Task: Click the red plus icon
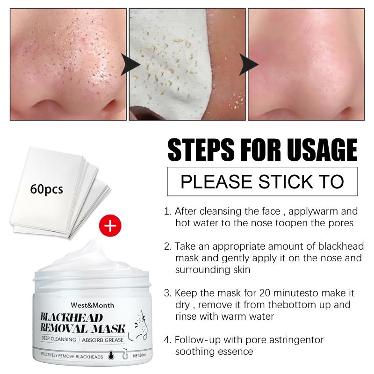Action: (x=110, y=225)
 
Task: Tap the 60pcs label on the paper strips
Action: (x=46, y=189)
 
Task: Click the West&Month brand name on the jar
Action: (x=92, y=305)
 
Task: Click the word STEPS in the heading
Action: (x=201, y=150)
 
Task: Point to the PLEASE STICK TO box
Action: (x=262, y=181)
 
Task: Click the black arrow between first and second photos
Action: (x=130, y=65)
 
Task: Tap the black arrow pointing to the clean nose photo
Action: (x=249, y=65)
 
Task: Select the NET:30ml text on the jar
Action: (x=139, y=356)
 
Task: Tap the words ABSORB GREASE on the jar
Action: (x=103, y=340)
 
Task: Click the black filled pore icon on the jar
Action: (x=111, y=355)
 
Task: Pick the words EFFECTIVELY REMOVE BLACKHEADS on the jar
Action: (x=72, y=356)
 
